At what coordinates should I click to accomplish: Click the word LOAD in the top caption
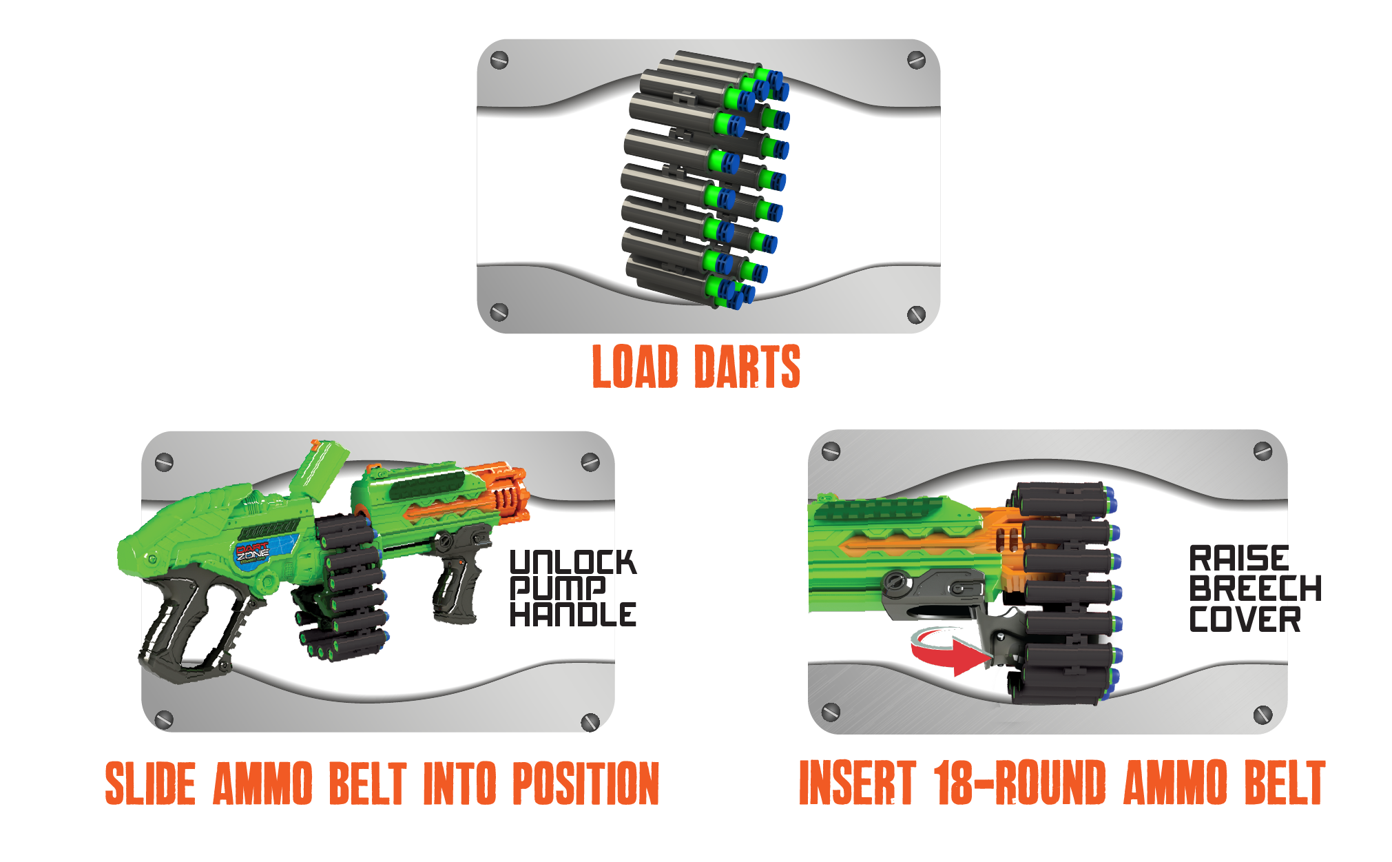coord(635,367)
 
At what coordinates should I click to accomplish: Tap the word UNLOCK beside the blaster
coord(572,562)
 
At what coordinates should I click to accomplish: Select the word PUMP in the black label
coord(557,588)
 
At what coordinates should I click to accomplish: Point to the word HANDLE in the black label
coord(572,614)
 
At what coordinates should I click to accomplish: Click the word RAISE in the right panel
coord(1238,558)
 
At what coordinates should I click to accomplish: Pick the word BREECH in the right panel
coord(1255,588)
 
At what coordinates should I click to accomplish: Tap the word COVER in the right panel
coord(1245,619)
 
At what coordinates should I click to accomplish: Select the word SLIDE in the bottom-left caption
coord(150,783)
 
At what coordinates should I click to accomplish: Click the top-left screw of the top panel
coord(499,61)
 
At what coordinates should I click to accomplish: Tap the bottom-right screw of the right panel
coord(1262,715)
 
